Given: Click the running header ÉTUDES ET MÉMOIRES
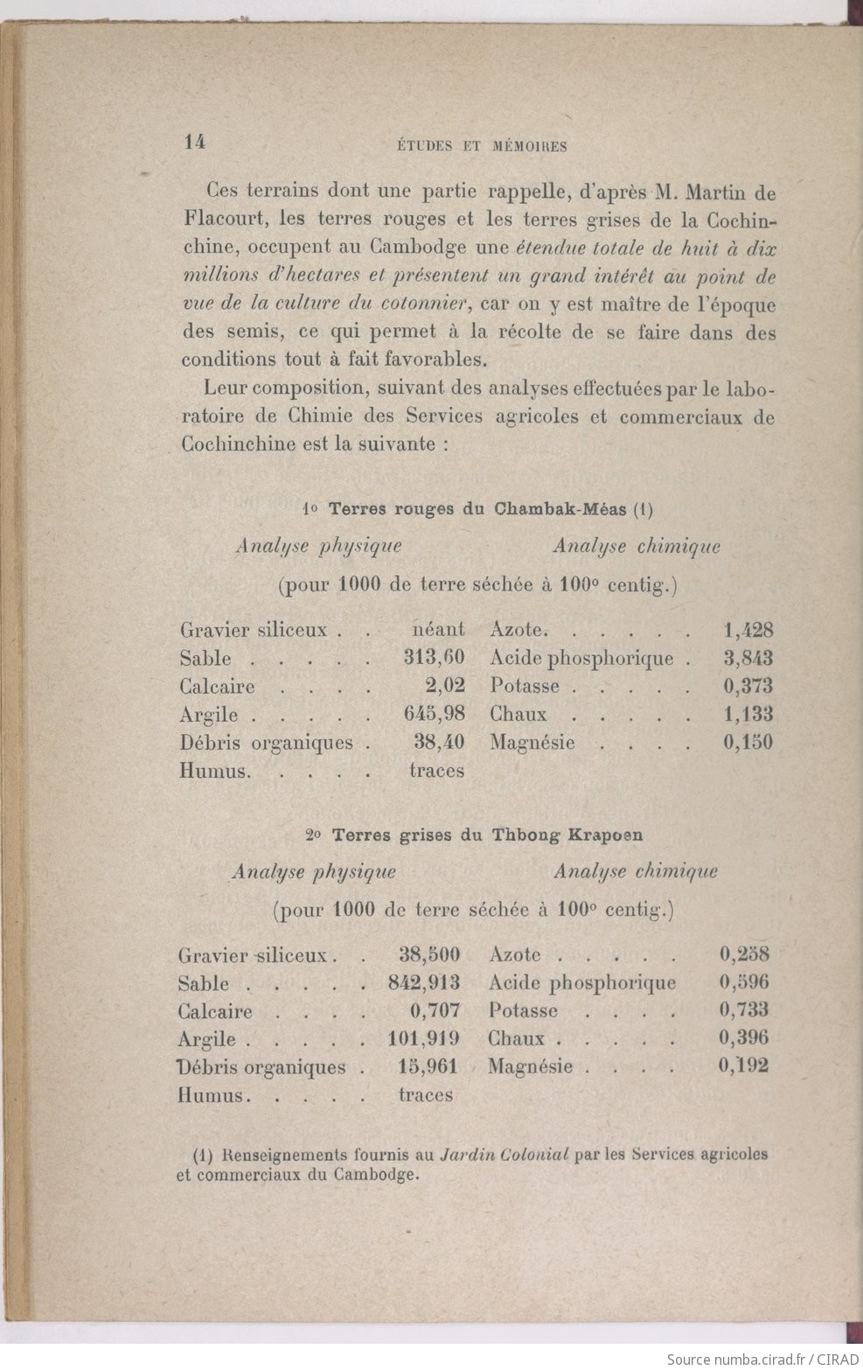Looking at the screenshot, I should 477,146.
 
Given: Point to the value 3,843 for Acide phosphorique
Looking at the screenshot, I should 748,658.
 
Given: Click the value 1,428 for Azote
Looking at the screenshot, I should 748,630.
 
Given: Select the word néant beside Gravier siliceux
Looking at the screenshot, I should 438,630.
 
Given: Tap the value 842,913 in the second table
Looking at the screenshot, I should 424,982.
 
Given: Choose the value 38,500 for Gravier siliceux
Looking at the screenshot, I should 429,954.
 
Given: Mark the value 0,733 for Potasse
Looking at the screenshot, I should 744,1010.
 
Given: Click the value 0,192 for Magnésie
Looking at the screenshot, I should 744,1066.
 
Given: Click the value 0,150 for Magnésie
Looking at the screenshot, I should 748,743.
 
